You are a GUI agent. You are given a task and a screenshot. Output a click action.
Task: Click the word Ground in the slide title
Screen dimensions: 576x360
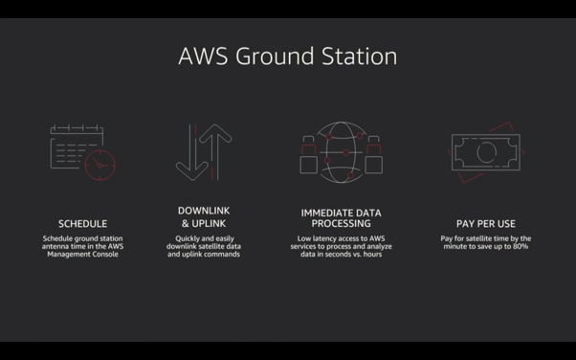275,56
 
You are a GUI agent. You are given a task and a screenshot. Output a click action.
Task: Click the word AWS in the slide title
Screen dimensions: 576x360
203,56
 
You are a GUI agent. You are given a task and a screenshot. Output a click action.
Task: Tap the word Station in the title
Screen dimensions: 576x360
359,56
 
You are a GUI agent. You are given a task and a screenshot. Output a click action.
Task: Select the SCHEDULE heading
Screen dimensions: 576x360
82,224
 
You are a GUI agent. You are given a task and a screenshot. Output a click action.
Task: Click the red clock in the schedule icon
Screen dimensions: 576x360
100,150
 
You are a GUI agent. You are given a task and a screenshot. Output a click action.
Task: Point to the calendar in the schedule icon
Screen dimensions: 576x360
51,147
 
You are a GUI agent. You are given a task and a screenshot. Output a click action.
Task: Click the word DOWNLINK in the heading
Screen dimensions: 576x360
204,211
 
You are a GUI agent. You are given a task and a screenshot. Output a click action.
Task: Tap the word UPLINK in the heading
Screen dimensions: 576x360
209,224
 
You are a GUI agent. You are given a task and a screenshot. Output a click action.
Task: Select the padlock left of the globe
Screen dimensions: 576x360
308,165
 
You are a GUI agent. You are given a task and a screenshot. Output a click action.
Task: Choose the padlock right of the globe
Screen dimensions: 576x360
373,165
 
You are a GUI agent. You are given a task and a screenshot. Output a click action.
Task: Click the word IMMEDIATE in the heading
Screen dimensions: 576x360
322,213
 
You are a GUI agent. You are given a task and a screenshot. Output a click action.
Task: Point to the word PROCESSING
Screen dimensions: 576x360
341,224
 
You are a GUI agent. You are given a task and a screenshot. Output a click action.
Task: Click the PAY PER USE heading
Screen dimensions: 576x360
486,224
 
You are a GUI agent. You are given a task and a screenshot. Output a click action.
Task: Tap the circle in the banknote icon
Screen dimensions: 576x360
477,152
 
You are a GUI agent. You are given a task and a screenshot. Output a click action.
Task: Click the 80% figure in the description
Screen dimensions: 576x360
521,246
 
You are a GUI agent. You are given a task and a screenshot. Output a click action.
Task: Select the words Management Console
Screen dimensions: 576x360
82,254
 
